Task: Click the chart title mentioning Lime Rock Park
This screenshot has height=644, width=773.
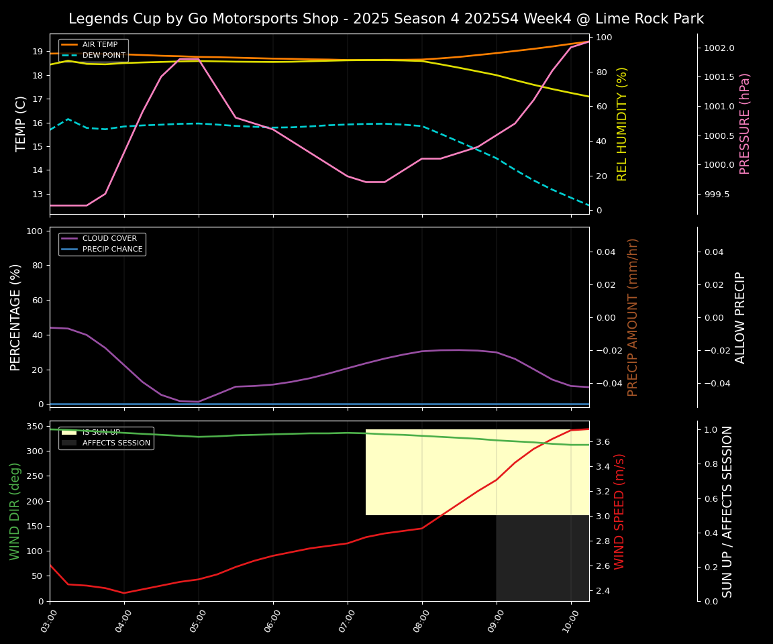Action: [x=386, y=19]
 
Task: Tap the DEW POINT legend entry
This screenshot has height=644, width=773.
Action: [x=103, y=55]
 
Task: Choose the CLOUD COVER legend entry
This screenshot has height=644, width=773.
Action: [x=109, y=239]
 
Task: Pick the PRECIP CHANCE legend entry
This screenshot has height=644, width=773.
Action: [x=112, y=250]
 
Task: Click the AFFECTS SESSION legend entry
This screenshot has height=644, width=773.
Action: [x=116, y=443]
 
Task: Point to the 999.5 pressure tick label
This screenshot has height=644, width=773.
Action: [x=717, y=195]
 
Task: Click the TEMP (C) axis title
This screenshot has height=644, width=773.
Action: [x=21, y=123]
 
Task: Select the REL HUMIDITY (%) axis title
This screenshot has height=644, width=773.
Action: [x=622, y=123]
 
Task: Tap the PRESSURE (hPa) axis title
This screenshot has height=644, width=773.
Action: [x=745, y=123]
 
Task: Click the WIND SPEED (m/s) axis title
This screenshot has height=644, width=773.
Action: [x=619, y=511]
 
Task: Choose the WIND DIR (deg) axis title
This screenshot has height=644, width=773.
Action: [x=15, y=511]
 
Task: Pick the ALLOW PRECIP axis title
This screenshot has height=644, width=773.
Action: [x=740, y=317]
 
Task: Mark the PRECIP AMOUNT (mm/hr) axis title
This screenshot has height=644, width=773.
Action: [x=633, y=317]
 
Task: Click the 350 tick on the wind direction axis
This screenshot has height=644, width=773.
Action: [x=34, y=427]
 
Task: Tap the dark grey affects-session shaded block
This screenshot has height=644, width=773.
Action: [x=542, y=558]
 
